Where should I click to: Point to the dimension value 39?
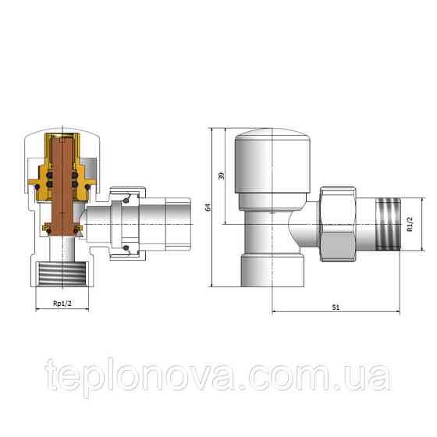[x=222, y=176]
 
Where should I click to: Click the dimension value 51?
[x=335, y=308]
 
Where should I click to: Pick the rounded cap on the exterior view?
[x=274, y=168]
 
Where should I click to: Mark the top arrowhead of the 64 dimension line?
[x=215, y=126]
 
